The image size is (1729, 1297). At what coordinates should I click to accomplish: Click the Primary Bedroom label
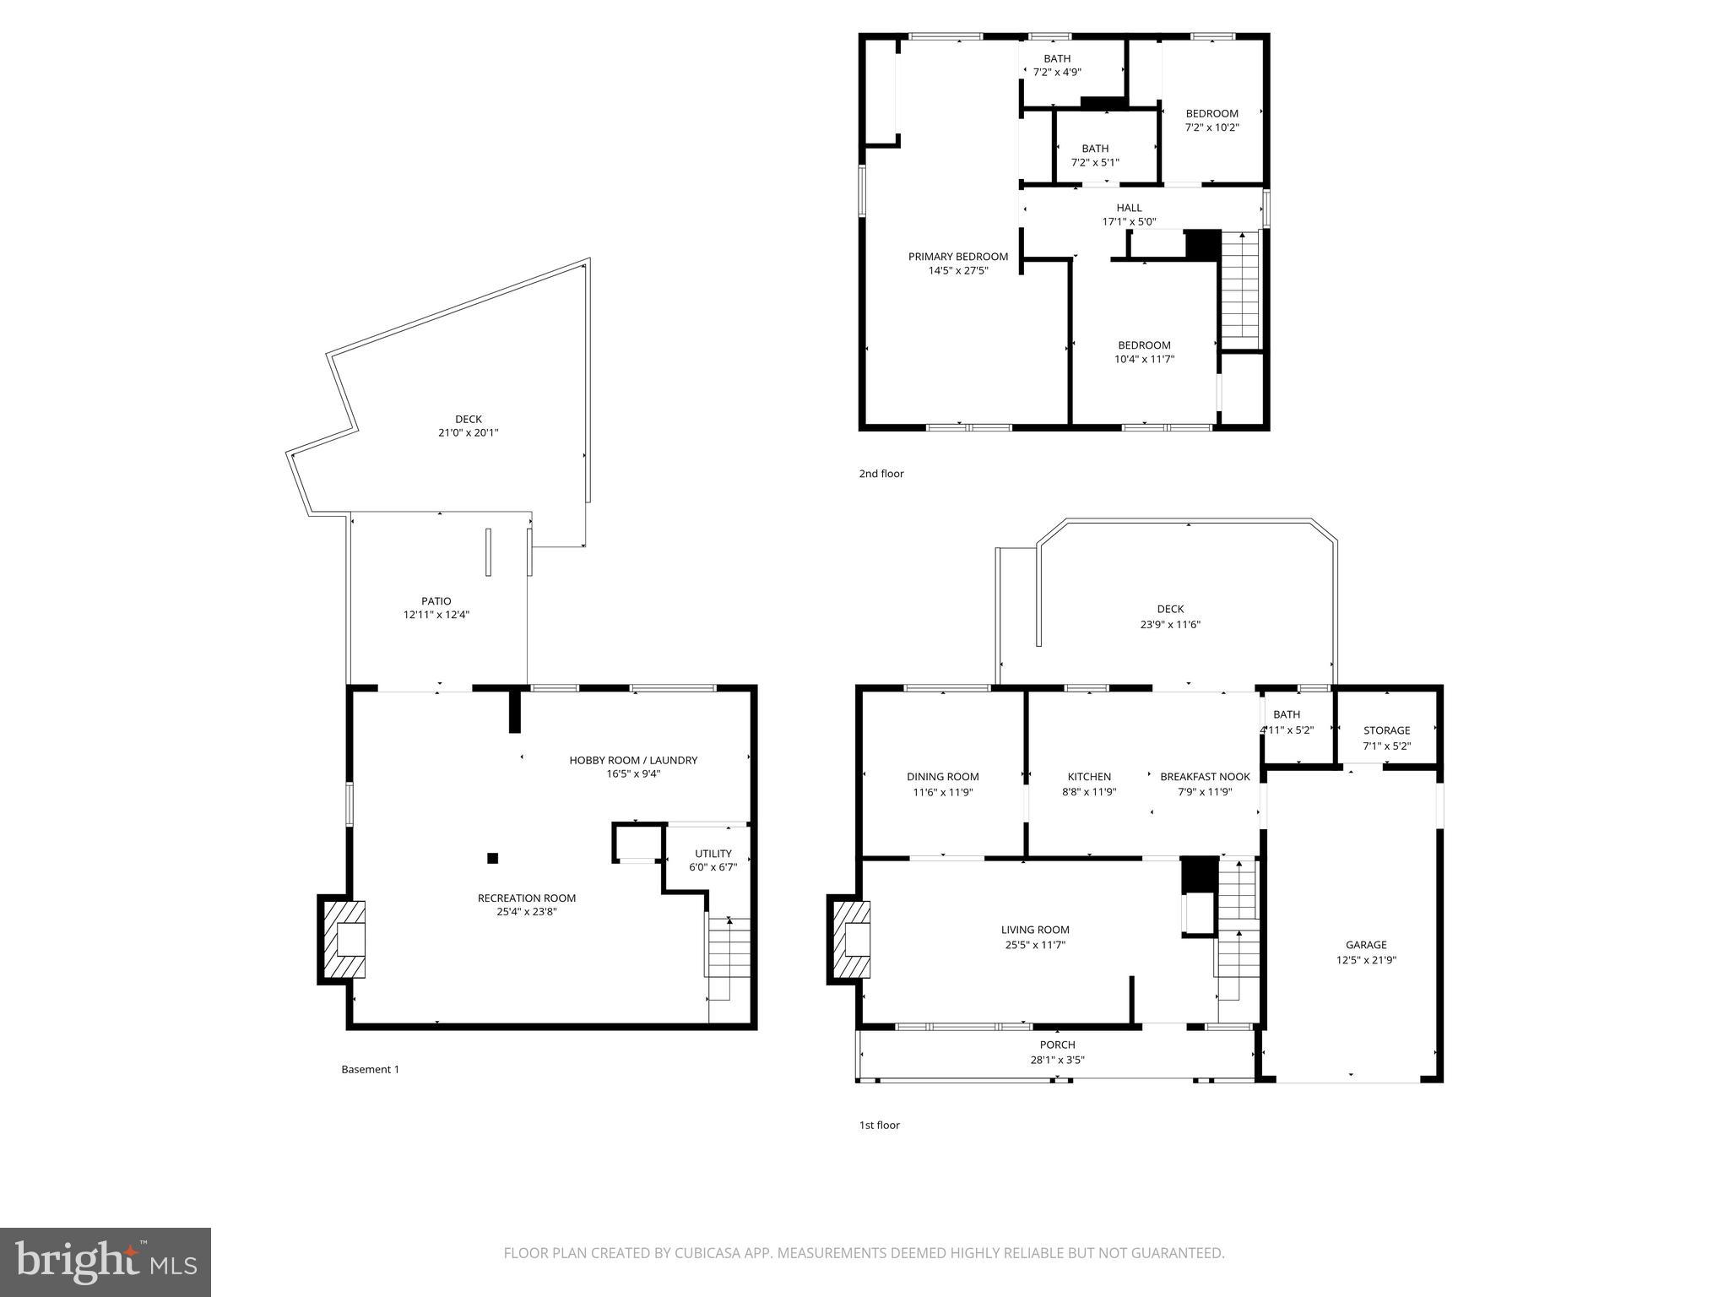tap(957, 257)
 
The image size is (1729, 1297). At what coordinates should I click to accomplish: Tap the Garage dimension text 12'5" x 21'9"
tap(1366, 960)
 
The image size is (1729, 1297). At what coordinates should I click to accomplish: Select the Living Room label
tap(1035, 930)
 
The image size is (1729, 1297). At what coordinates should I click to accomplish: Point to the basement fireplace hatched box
tap(343, 939)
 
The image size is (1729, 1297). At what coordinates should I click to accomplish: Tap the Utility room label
tap(713, 854)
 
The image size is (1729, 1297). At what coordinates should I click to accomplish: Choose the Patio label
tap(436, 601)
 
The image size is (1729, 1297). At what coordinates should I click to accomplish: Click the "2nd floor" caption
tap(881, 474)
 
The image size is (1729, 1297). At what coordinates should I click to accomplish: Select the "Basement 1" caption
tap(370, 1069)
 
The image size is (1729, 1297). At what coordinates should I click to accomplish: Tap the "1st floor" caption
tap(879, 1125)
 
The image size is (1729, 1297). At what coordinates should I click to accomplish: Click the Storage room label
tap(1386, 730)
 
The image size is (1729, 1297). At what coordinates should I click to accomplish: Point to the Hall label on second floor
tap(1129, 208)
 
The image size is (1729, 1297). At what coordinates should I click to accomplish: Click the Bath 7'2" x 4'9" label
tap(1057, 59)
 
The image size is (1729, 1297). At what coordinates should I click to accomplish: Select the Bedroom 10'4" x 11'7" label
tap(1144, 345)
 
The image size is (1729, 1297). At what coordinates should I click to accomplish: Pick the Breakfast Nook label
tap(1205, 777)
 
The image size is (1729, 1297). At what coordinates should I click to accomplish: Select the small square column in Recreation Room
tap(493, 859)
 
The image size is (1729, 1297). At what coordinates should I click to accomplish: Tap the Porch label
tap(1057, 1045)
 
